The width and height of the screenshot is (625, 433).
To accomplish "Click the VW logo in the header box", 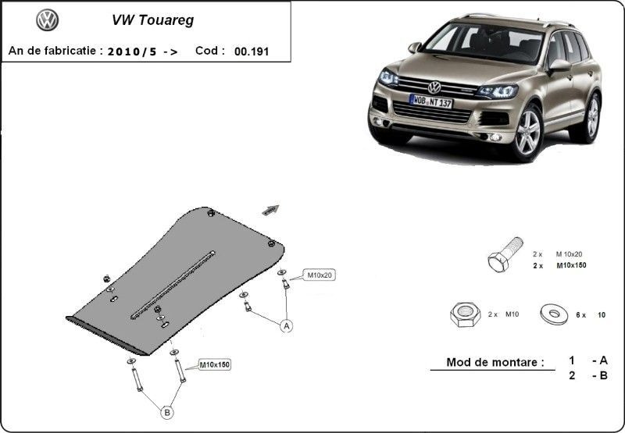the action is (48, 20).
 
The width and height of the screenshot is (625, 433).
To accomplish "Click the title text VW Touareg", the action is (152, 20).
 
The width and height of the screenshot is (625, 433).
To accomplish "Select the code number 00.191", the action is (252, 51).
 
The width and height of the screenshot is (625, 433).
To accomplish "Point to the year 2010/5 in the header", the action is (132, 51).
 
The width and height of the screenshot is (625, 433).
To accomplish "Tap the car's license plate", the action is (431, 101).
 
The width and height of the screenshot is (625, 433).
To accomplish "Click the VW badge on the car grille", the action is (434, 87).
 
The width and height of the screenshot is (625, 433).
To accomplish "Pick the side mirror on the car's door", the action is (559, 66).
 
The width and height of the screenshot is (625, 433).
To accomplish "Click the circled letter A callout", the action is (286, 326).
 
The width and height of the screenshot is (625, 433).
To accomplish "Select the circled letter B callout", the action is (167, 413).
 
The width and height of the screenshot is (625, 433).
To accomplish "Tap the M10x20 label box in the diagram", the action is (319, 275).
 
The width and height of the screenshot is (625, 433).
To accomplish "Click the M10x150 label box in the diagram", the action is (214, 364).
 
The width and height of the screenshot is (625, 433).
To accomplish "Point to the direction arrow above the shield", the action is (270, 209).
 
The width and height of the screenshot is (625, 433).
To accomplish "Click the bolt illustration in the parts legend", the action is (505, 254).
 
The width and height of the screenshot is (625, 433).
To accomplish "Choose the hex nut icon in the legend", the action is (465, 314).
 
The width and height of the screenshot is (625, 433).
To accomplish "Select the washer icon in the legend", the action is (554, 314).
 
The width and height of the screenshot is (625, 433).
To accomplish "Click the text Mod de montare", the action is (495, 362).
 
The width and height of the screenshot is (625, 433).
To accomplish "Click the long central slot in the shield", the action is (173, 285).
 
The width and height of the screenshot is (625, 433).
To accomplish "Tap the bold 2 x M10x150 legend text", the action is (559, 265).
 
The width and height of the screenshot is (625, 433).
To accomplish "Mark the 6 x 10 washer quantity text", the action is (591, 314).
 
